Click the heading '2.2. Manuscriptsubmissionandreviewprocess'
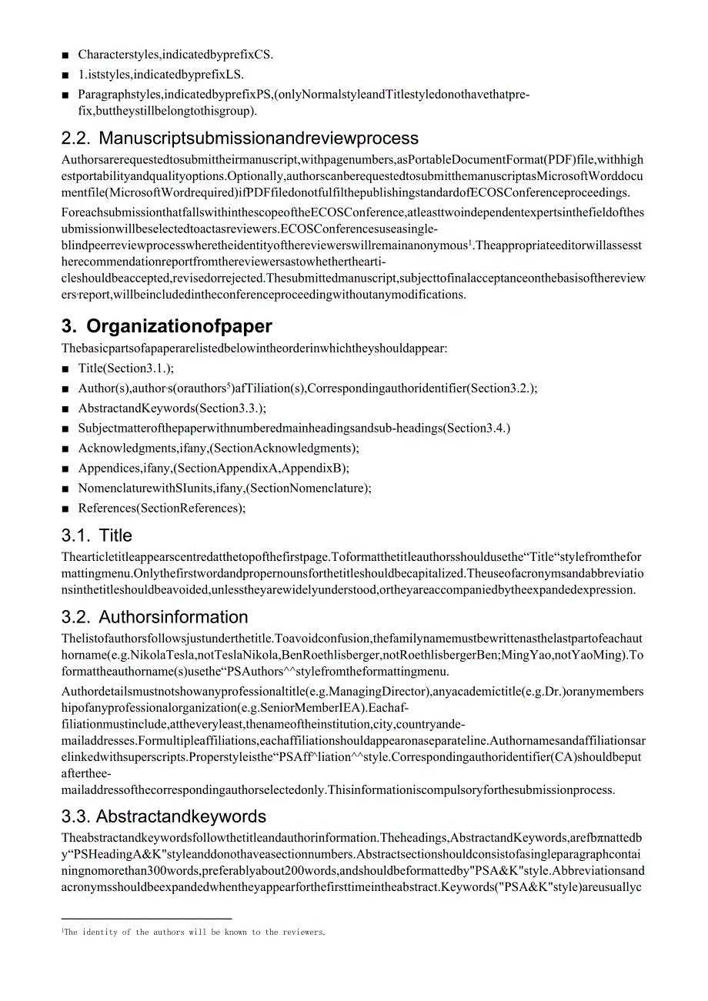click(x=240, y=138)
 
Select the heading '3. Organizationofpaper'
click(x=167, y=325)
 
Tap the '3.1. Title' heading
click(x=97, y=536)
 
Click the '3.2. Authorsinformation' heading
click(x=155, y=617)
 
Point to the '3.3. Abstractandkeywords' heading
click(x=164, y=816)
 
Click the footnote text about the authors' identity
click(x=194, y=933)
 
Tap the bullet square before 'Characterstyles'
click(x=65, y=55)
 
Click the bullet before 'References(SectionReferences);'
click(x=65, y=509)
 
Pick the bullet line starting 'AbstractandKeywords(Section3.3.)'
click(x=172, y=409)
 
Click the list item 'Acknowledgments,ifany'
click(x=219, y=448)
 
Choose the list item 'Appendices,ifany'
click(x=213, y=468)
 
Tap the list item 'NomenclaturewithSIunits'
click(x=225, y=488)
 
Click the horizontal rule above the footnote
click(x=146, y=918)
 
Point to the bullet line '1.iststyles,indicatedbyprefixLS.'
click(x=161, y=75)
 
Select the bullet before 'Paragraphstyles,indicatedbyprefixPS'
click(x=65, y=95)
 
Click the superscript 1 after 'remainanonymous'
click(x=470, y=242)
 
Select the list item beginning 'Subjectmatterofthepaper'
click(x=294, y=428)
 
